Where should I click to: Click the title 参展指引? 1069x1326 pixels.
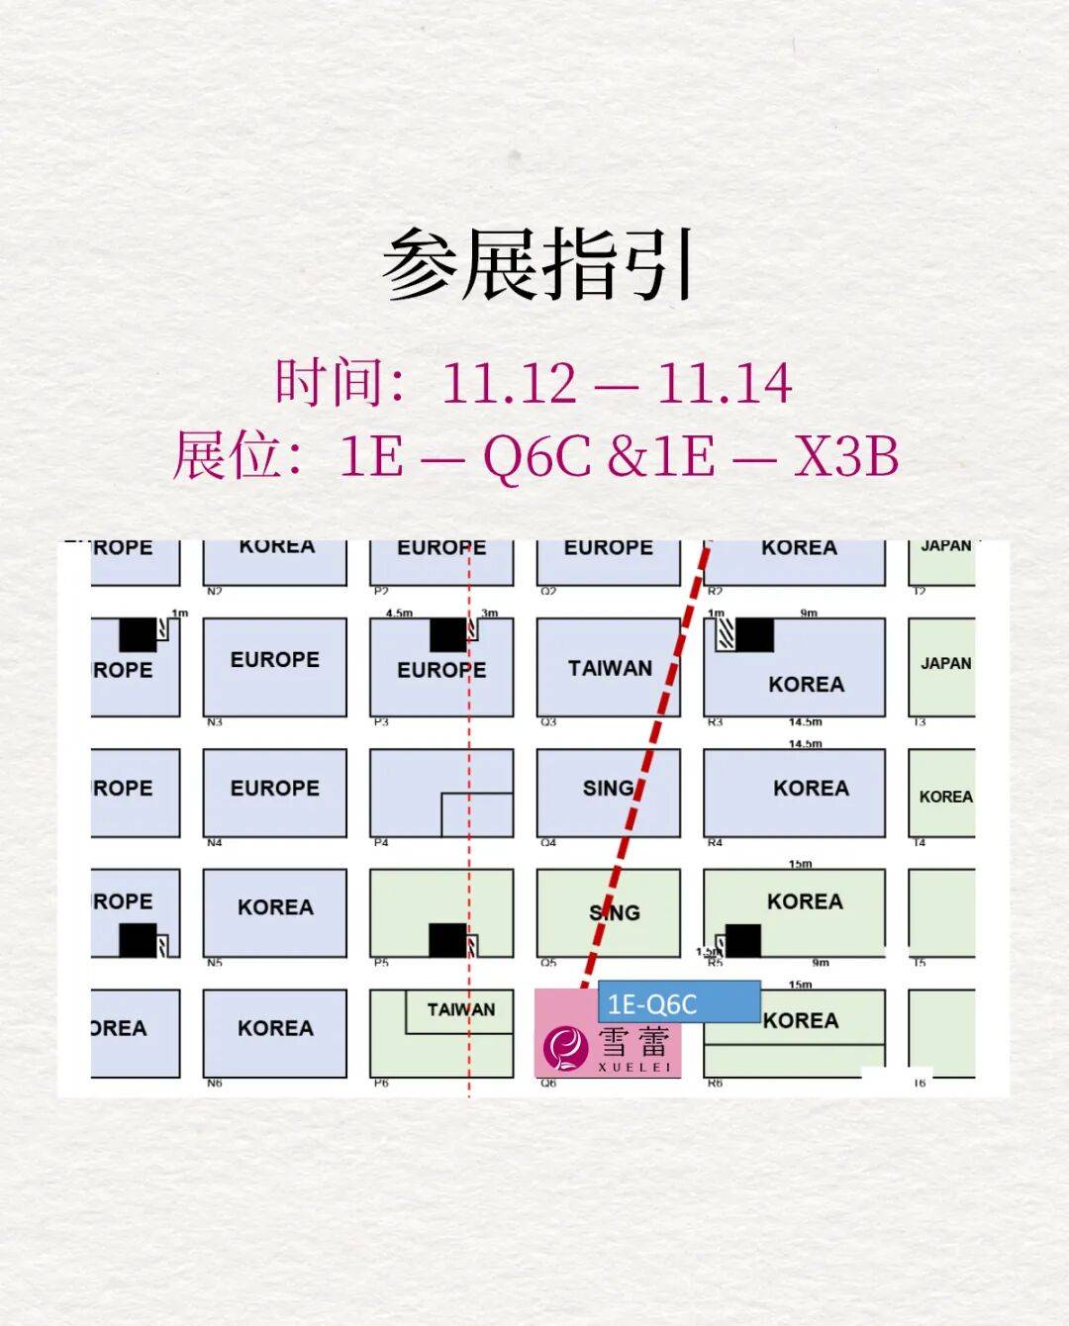point(537,264)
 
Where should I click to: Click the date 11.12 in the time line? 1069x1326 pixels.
point(508,383)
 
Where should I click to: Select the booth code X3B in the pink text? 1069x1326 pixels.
point(846,456)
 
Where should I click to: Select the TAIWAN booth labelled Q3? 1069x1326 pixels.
point(609,668)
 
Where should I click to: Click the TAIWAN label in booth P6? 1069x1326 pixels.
point(460,1010)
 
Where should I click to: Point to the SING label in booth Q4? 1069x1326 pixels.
point(608,788)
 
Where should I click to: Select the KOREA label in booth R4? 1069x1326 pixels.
point(811,788)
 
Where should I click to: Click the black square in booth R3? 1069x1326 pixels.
point(753,634)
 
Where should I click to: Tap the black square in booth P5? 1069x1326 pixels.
point(447,939)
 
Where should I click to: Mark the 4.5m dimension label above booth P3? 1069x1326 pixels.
point(399,614)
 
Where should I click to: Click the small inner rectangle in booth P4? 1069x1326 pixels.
point(477,813)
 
